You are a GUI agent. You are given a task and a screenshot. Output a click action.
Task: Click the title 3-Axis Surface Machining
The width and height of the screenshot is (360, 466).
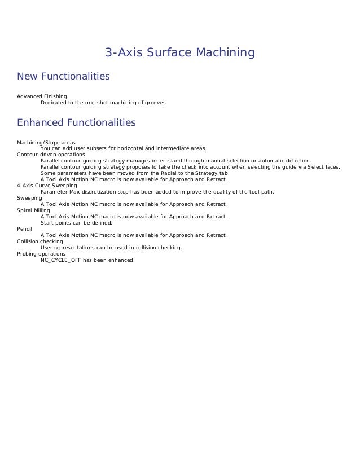[180, 53]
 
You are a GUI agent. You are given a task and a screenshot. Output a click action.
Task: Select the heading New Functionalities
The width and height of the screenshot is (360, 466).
[63, 76]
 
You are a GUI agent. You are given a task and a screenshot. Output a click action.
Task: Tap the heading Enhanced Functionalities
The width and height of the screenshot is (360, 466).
[77, 122]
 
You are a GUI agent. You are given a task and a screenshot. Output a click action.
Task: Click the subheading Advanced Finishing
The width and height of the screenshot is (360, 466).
[42, 97]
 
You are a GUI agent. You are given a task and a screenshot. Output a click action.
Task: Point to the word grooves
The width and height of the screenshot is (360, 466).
[156, 103]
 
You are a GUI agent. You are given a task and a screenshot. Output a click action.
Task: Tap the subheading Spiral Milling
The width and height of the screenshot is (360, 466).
[34, 210]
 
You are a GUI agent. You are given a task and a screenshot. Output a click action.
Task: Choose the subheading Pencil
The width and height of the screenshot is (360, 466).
[25, 228]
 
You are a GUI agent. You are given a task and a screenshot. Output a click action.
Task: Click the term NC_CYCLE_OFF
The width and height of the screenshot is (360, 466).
[61, 260]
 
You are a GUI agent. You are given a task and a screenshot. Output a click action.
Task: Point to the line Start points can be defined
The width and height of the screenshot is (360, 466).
[76, 222]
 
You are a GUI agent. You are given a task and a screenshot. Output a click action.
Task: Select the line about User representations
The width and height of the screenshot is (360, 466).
[111, 248]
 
